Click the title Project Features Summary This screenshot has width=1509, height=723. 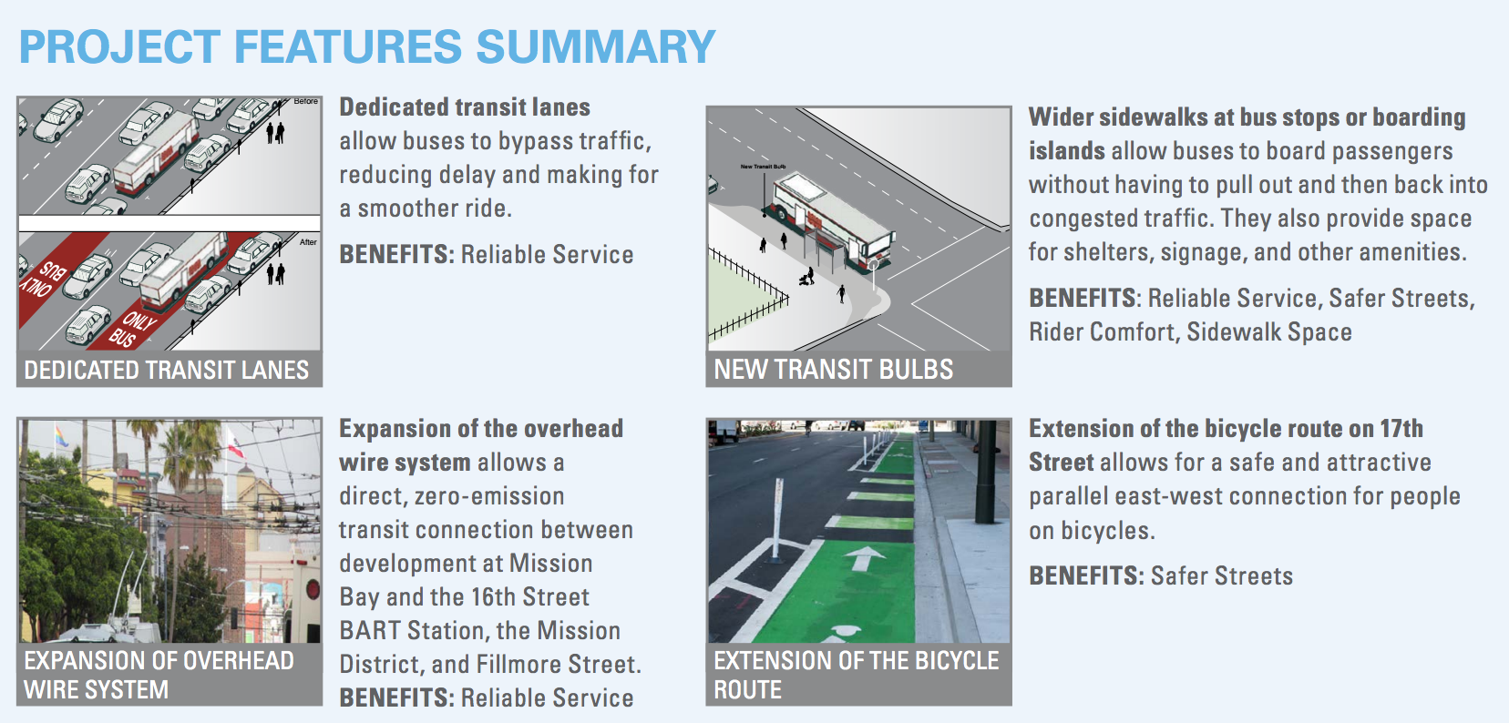[x=367, y=46]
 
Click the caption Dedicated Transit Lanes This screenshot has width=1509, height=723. [x=167, y=371]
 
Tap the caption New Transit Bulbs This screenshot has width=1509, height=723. [x=833, y=370]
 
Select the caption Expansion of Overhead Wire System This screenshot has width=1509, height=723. [x=159, y=676]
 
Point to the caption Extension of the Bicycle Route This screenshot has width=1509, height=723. [x=857, y=676]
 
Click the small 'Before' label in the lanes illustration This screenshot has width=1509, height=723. [x=306, y=101]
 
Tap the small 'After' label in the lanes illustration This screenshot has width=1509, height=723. [x=309, y=241]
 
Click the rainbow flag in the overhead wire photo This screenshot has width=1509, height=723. [x=61, y=435]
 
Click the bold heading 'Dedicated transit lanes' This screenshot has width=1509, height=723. [x=465, y=107]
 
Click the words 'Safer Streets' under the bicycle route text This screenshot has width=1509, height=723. [x=1222, y=576]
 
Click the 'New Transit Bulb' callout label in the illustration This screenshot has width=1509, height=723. [x=764, y=167]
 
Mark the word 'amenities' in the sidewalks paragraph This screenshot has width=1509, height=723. [x=1412, y=252]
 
